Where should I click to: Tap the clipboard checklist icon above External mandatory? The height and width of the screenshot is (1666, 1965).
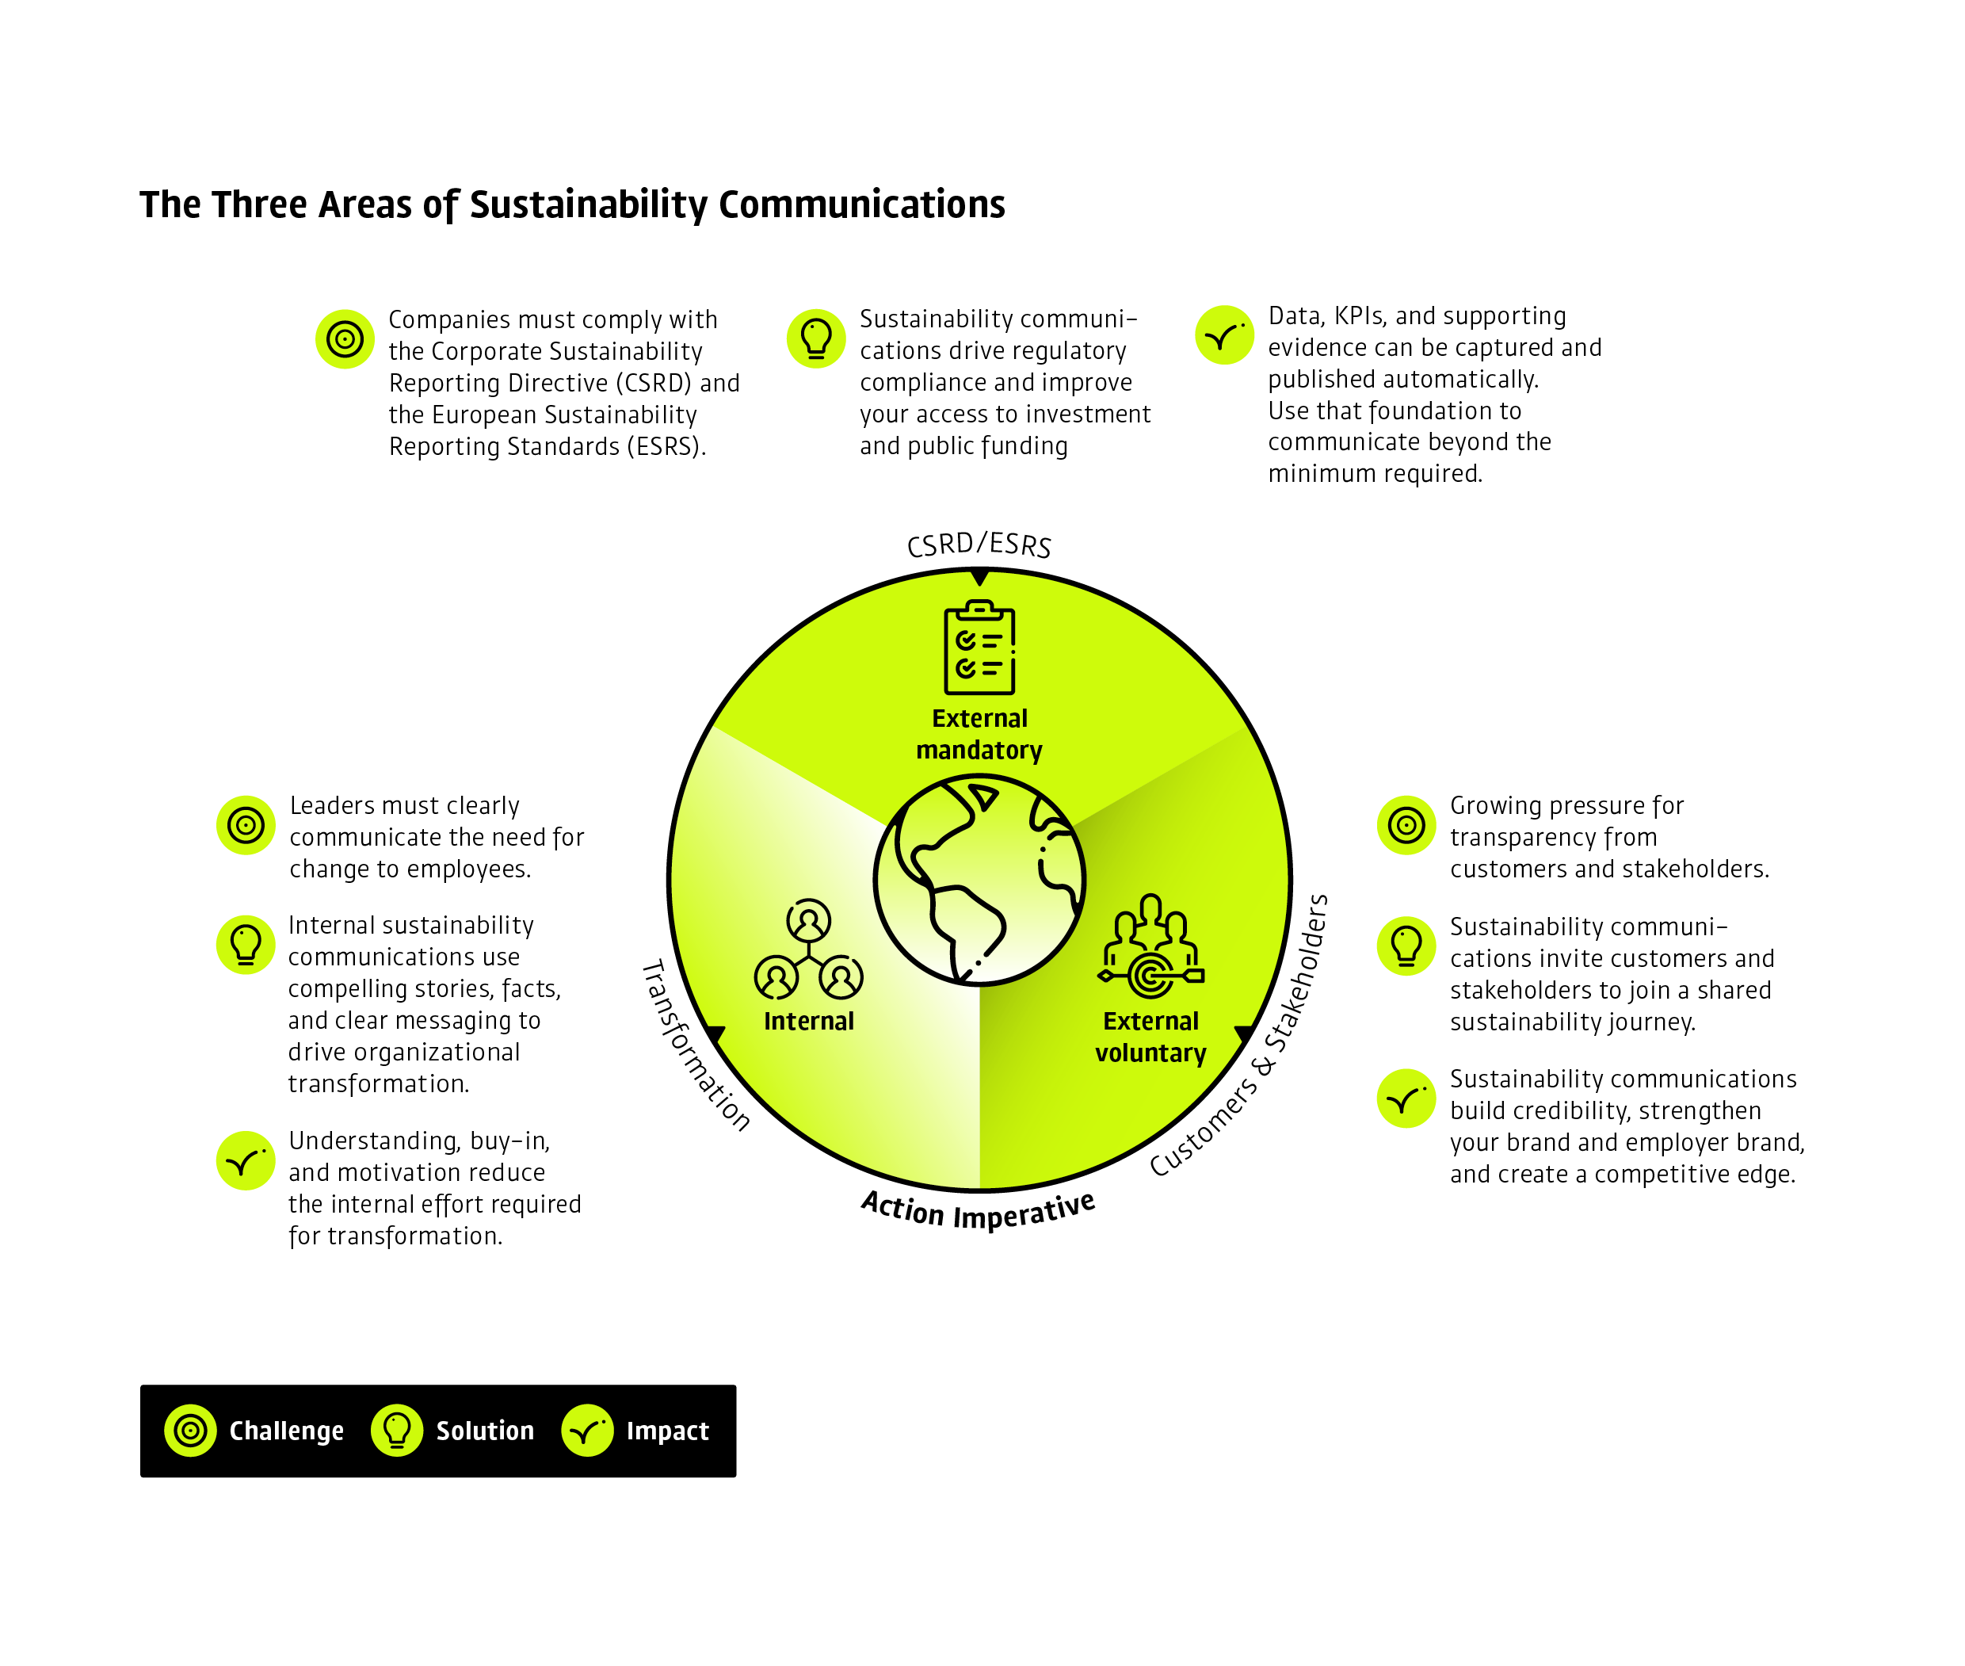(979, 648)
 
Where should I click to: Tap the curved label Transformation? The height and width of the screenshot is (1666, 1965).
(695, 1046)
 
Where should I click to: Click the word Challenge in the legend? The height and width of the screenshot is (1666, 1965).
(286, 1431)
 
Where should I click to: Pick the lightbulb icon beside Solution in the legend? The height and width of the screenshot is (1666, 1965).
(397, 1430)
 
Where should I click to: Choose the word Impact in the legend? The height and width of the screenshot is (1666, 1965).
(666, 1431)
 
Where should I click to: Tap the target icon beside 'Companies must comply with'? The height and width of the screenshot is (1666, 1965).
(345, 338)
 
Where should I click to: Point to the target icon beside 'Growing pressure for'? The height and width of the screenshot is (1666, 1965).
(1405, 824)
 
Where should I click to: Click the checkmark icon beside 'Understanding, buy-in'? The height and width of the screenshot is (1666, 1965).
(246, 1160)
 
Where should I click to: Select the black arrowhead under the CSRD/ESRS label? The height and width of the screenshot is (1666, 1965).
(979, 576)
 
